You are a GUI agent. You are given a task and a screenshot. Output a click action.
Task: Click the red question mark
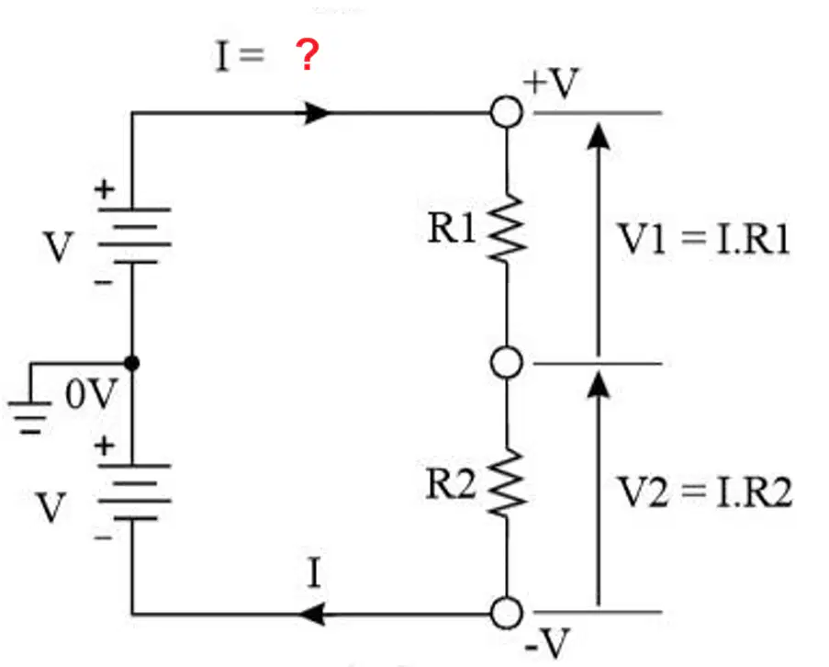308,54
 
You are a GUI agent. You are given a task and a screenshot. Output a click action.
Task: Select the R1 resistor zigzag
507,229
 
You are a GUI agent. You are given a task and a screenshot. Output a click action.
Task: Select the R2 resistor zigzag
507,482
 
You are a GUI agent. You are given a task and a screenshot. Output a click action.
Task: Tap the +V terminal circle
507,112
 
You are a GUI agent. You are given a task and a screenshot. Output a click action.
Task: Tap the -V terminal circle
507,613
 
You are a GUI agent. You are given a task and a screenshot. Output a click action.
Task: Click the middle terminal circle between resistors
507,363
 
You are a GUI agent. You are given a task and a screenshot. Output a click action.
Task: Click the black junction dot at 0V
131,364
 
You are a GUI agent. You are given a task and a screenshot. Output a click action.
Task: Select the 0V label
90,394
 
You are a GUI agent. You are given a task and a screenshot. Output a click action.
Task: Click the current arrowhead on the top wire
317,113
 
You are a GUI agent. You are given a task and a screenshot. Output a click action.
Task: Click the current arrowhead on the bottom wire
312,614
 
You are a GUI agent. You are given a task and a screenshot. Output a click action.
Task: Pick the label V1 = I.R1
704,239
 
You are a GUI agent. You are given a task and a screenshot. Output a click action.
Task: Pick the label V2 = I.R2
705,492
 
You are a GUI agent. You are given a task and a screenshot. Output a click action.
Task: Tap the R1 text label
452,228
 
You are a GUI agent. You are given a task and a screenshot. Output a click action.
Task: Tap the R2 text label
451,483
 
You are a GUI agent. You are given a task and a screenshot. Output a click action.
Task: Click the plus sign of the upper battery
104,189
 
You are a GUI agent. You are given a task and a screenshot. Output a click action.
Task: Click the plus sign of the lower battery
104,446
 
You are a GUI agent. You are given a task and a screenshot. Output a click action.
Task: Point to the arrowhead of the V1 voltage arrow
598,136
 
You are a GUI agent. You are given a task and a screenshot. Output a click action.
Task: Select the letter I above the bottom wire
314,572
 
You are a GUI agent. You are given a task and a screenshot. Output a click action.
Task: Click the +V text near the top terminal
551,83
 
